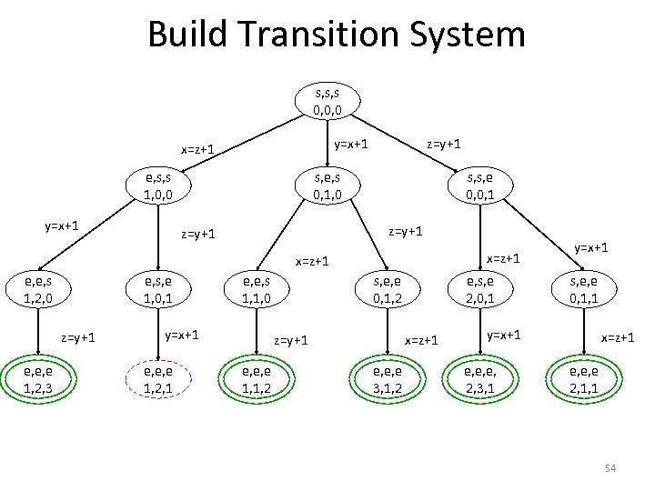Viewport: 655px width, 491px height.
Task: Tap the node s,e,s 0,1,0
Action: [x=327, y=185]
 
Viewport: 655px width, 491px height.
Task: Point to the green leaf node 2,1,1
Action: [x=583, y=380]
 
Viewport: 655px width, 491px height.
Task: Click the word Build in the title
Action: [x=183, y=35]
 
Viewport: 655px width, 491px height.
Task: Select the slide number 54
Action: [x=610, y=468]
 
